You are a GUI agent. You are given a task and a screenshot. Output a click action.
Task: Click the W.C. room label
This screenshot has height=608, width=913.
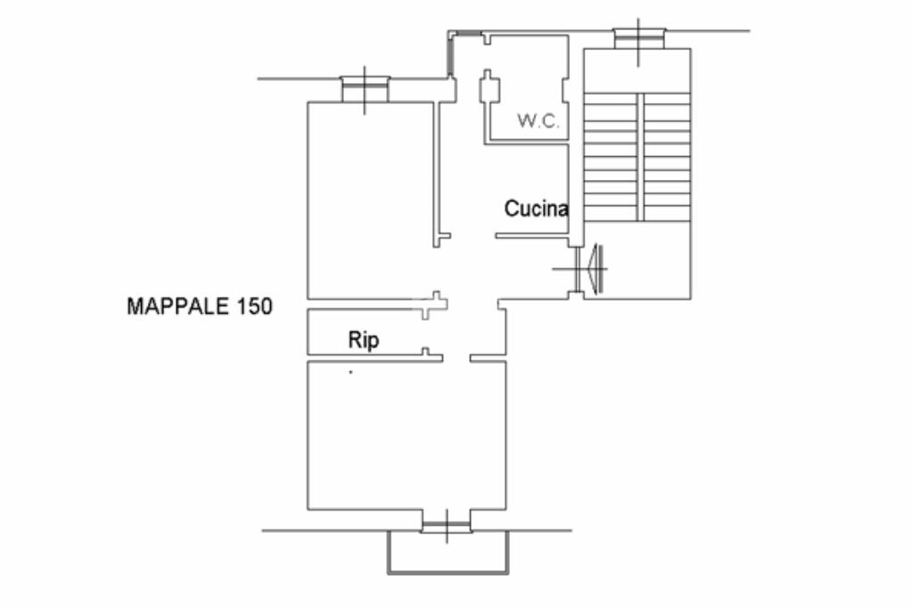pyautogui.click(x=539, y=121)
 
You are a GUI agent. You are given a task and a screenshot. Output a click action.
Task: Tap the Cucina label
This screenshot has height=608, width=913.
pyautogui.click(x=536, y=209)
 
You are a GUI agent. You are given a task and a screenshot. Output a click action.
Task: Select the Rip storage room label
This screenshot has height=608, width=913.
pyautogui.click(x=364, y=340)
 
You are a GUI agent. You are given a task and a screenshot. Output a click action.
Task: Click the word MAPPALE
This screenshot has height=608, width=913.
pyautogui.click(x=178, y=307)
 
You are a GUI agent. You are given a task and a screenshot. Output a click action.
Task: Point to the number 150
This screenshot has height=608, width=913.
pyautogui.click(x=254, y=307)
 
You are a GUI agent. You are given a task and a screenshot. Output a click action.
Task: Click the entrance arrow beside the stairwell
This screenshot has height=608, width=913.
pyautogui.click(x=595, y=268)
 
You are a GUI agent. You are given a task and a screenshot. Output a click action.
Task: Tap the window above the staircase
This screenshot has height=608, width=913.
pyautogui.click(x=638, y=38)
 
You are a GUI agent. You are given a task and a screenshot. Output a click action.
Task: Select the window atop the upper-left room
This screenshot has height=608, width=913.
pyautogui.click(x=365, y=89)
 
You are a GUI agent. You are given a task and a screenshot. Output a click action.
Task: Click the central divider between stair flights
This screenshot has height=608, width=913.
pyautogui.click(x=640, y=157)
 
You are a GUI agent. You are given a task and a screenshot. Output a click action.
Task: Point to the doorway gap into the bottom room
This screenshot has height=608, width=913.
pyautogui.click(x=456, y=358)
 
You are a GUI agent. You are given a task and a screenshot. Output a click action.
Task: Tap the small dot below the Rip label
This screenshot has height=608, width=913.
pyautogui.click(x=350, y=372)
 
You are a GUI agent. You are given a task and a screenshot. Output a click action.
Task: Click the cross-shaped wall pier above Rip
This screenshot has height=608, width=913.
pyautogui.click(x=434, y=304)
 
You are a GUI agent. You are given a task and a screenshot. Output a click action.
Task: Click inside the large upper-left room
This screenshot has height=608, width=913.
pyautogui.click(x=370, y=201)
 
